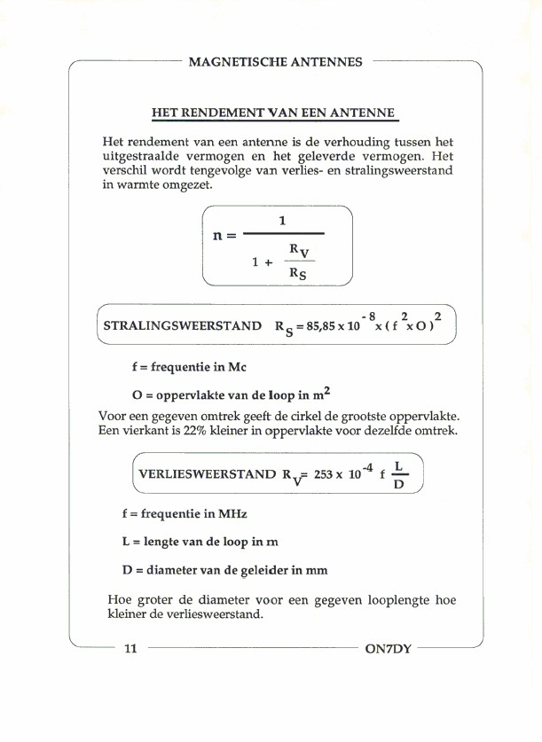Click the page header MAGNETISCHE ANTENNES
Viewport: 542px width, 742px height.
coord(276,62)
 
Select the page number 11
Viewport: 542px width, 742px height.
coord(130,649)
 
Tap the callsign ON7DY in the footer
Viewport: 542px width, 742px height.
coord(388,649)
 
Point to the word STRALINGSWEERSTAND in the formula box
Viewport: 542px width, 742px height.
coord(182,326)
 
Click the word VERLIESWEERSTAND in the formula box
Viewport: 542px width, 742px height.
coord(207,474)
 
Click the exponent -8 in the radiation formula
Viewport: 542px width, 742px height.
coord(372,316)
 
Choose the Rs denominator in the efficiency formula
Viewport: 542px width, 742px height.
coord(298,274)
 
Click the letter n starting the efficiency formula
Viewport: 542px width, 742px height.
coord(218,236)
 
